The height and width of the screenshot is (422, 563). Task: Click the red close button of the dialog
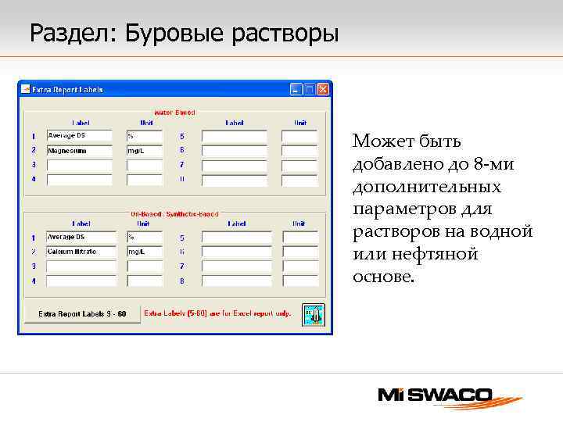323,90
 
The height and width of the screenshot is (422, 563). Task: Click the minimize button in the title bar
296,90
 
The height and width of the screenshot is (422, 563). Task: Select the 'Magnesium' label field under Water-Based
79,151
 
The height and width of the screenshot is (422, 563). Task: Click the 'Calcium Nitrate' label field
81,252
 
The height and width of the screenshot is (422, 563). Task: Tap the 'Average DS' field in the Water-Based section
79,136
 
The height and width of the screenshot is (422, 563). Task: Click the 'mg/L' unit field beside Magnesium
144,151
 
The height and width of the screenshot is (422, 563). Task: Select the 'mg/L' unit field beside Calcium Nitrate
145,252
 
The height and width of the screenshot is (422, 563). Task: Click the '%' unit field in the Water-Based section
144,136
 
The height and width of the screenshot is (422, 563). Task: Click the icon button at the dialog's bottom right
313,314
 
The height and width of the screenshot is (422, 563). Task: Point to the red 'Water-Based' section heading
174,113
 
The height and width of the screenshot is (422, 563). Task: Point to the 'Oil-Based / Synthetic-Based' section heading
174,213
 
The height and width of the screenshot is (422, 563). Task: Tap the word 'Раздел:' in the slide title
74,34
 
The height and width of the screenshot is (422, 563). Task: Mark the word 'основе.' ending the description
382,277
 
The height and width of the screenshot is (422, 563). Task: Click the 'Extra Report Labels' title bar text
67,90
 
